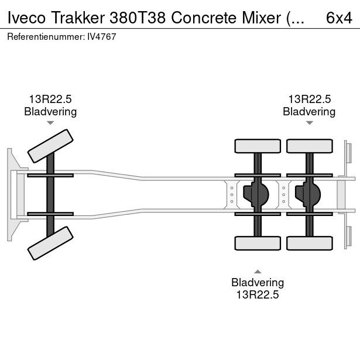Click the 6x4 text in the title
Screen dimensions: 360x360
(338, 18)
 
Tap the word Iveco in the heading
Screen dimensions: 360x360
(25, 18)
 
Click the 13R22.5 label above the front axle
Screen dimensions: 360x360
(50, 100)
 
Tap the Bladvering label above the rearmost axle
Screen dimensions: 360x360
(309, 111)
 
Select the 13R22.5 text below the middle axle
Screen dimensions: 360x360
(258, 295)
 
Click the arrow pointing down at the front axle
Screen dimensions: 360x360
(50, 123)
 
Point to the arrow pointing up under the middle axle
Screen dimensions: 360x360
(258, 271)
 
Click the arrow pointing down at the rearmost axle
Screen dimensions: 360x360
(309, 123)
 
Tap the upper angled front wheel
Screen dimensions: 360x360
(51, 146)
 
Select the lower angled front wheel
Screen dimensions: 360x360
(51, 243)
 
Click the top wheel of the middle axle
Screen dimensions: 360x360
(258, 146)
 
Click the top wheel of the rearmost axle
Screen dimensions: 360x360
(308, 146)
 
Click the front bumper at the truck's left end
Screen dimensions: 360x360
(10, 194)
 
